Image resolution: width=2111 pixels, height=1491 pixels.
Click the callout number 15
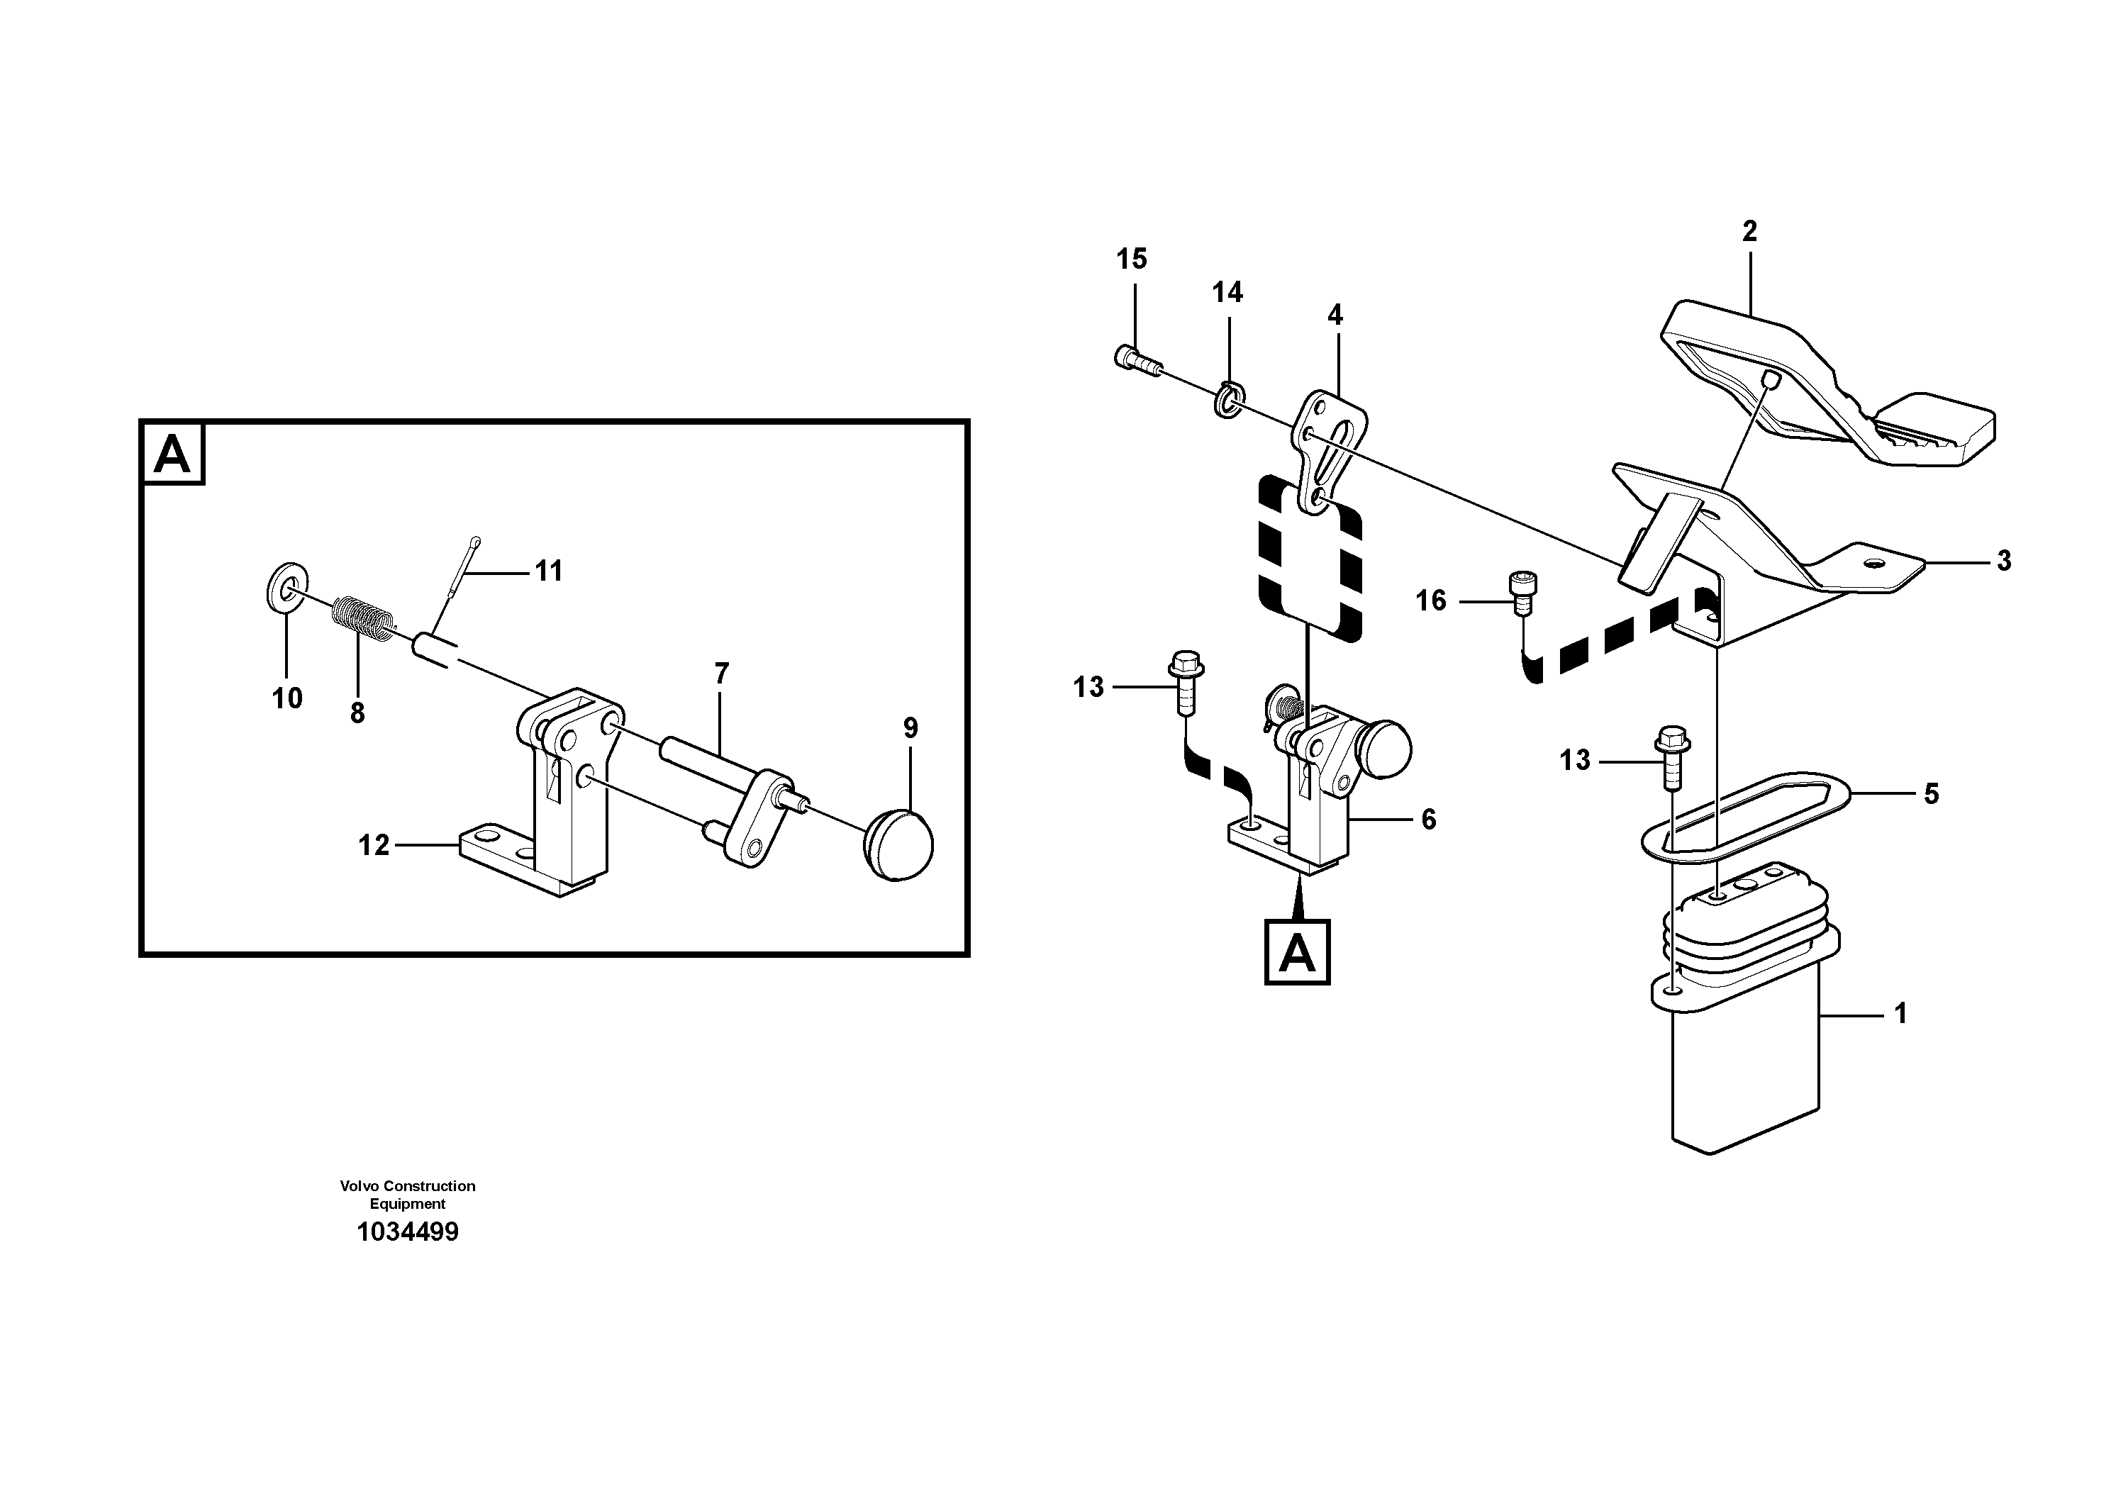(1132, 259)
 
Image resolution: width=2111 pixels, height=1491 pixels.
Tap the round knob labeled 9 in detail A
(900, 844)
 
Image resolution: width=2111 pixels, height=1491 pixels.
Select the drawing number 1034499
(407, 1232)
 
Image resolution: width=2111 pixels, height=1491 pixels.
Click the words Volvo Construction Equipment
(407, 1194)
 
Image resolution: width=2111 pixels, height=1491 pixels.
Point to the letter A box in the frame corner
(172, 454)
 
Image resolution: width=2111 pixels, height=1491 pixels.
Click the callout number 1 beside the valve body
(1900, 1014)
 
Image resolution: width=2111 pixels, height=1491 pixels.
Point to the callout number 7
(722, 674)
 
